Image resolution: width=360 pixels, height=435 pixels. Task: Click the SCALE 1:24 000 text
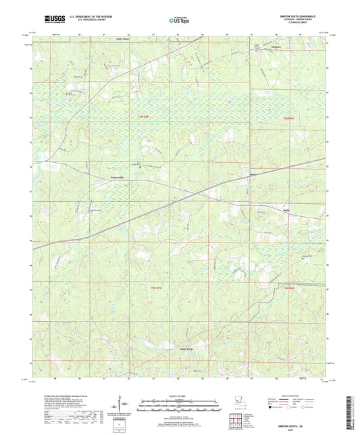180,395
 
